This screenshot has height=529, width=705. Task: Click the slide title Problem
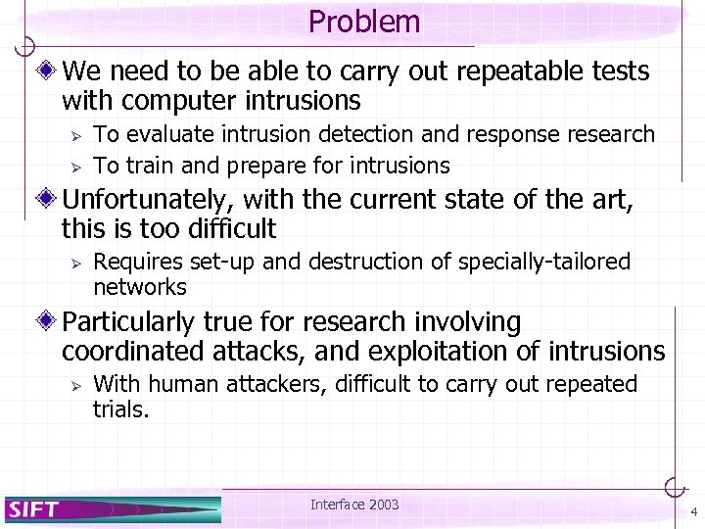coord(363,22)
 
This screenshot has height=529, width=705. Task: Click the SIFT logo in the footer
coord(34,508)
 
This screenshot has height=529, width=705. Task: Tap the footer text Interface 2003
coord(354,505)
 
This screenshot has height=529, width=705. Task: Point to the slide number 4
coord(693,512)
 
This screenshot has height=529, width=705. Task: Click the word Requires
coord(132,262)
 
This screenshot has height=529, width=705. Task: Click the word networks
coord(139,287)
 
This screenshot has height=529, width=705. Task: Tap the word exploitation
coord(434,351)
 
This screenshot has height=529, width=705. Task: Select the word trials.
coord(120,409)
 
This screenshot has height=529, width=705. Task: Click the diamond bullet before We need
coord(47,72)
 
